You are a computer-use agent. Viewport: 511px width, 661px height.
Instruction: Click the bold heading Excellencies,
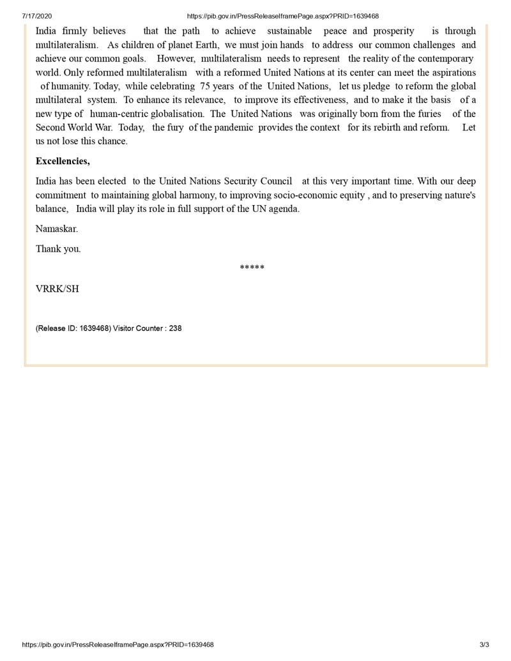coord(63,161)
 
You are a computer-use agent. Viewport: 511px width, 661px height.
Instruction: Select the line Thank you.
coord(58,248)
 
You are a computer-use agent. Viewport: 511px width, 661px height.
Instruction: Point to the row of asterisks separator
coord(252,268)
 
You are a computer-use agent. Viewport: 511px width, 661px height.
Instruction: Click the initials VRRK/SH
coord(57,288)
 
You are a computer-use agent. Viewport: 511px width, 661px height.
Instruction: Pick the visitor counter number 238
coord(175,328)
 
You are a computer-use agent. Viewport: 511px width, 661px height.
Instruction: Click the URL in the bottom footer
coord(118,645)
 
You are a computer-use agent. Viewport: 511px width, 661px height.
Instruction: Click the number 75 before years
coord(205,86)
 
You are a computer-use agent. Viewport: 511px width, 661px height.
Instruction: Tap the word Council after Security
coord(275,181)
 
